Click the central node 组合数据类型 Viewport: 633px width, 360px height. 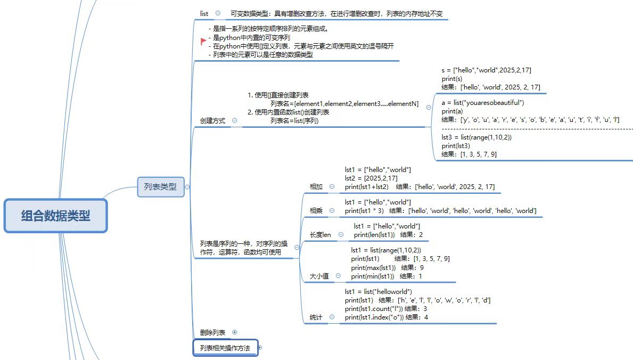pyautogui.click(x=56, y=216)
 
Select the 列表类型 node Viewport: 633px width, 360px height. pyautogui.click(x=160, y=187)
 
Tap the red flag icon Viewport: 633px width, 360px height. pyautogui.click(x=203, y=42)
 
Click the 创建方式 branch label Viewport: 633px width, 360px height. pyautogui.click(x=212, y=121)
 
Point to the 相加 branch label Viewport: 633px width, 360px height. pyautogui.click(x=316, y=187)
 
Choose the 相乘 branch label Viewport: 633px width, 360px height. pyautogui.click(x=316, y=211)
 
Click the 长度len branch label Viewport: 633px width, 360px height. pyautogui.click(x=320, y=235)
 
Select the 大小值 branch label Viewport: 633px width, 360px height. pyautogui.click(x=319, y=276)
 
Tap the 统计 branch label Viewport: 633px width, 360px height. pyautogui.click(x=316, y=317)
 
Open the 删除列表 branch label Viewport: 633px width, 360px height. pyautogui.click(x=212, y=332)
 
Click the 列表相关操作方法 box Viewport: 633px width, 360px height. pyautogui.click(x=225, y=348)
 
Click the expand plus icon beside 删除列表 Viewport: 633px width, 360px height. pyautogui.click(x=235, y=332)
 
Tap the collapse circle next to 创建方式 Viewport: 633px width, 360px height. pyautogui.click(x=235, y=121)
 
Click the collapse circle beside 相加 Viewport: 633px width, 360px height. pyautogui.click(x=332, y=187)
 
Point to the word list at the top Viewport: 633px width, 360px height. pyautogui.click(x=204, y=13)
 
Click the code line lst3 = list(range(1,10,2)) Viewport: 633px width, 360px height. pyautogui.click(x=476, y=137)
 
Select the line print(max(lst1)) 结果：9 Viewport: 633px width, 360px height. pyautogui.click(x=387, y=267)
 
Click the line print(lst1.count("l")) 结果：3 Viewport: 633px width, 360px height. pyautogui.click(x=385, y=309)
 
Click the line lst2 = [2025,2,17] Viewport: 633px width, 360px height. pyautogui.click(x=371, y=178)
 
